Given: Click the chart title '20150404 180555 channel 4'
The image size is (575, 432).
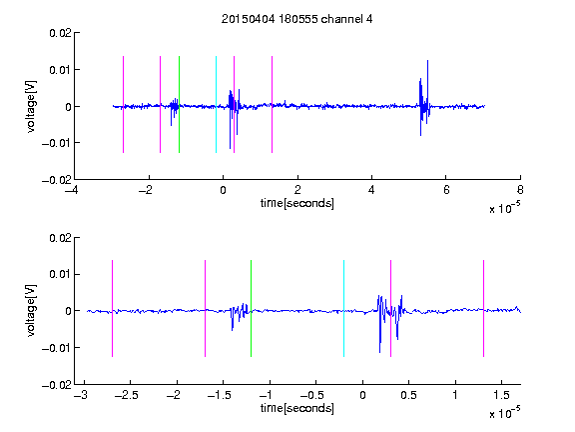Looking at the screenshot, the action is (x=296, y=19).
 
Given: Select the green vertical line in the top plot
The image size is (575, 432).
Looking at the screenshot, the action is (x=179, y=104).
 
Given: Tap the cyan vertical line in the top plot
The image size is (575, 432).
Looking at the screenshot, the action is (x=216, y=104).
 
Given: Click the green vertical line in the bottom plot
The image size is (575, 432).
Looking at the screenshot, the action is (x=251, y=308).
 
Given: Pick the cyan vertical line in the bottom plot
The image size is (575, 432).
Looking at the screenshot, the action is (x=343, y=308).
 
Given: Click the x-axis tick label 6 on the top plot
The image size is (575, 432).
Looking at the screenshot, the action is (x=446, y=190).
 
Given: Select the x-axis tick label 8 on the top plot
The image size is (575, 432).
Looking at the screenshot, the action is (x=520, y=190).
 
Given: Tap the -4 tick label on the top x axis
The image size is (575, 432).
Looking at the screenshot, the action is (x=71, y=190).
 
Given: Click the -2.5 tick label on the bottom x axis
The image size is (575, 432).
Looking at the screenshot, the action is (x=127, y=395).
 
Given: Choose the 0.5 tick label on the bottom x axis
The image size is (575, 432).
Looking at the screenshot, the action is (x=408, y=395).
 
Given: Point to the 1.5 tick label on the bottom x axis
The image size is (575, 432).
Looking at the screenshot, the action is (x=501, y=395).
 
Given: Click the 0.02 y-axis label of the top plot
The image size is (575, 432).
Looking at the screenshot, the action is (x=60, y=33).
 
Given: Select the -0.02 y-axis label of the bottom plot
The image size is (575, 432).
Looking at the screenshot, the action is (x=57, y=385).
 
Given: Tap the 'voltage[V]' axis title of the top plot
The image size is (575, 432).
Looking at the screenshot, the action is (x=31, y=107).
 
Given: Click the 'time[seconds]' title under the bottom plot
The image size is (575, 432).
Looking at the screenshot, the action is (x=297, y=408).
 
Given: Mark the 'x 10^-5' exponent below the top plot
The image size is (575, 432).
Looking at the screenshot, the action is (x=504, y=208).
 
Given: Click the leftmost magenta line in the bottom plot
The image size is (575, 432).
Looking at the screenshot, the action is (x=112, y=308).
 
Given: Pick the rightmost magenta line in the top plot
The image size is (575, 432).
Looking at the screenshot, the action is (x=272, y=104).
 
